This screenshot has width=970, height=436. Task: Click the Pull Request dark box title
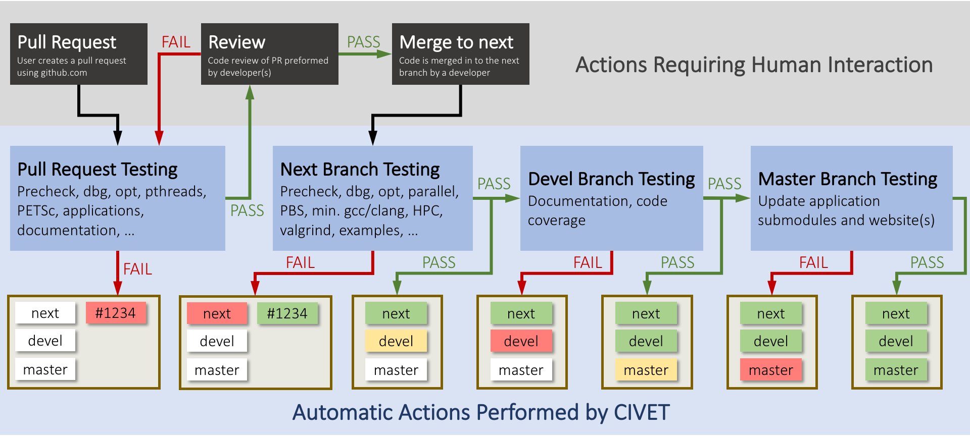coord(67,42)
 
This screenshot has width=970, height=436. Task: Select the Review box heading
coord(236,42)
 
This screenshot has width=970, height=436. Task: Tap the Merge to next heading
coord(456,42)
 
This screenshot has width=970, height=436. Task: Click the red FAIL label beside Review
coord(176,42)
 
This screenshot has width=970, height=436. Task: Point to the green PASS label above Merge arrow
coord(363,42)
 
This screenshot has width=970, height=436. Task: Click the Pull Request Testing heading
coord(98,170)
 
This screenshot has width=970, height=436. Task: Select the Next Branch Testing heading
coord(360,170)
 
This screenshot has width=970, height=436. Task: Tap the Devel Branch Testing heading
coord(611,179)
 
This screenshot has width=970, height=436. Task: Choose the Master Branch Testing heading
coord(848,179)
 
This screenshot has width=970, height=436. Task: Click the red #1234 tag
coord(116,313)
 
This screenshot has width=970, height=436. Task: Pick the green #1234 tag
coord(287,313)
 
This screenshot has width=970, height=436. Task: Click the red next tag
coord(217,313)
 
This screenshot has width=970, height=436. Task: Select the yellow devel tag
coord(396,341)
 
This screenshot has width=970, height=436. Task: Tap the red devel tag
coord(521,341)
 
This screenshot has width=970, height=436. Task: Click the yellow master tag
coord(646,370)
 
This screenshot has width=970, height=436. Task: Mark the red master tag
coord(771,370)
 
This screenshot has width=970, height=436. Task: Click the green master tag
coord(896,370)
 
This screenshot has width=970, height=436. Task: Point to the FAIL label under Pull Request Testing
coord(137,269)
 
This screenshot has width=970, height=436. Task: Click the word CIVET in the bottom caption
coord(642,412)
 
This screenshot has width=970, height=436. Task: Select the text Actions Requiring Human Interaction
coord(754,65)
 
